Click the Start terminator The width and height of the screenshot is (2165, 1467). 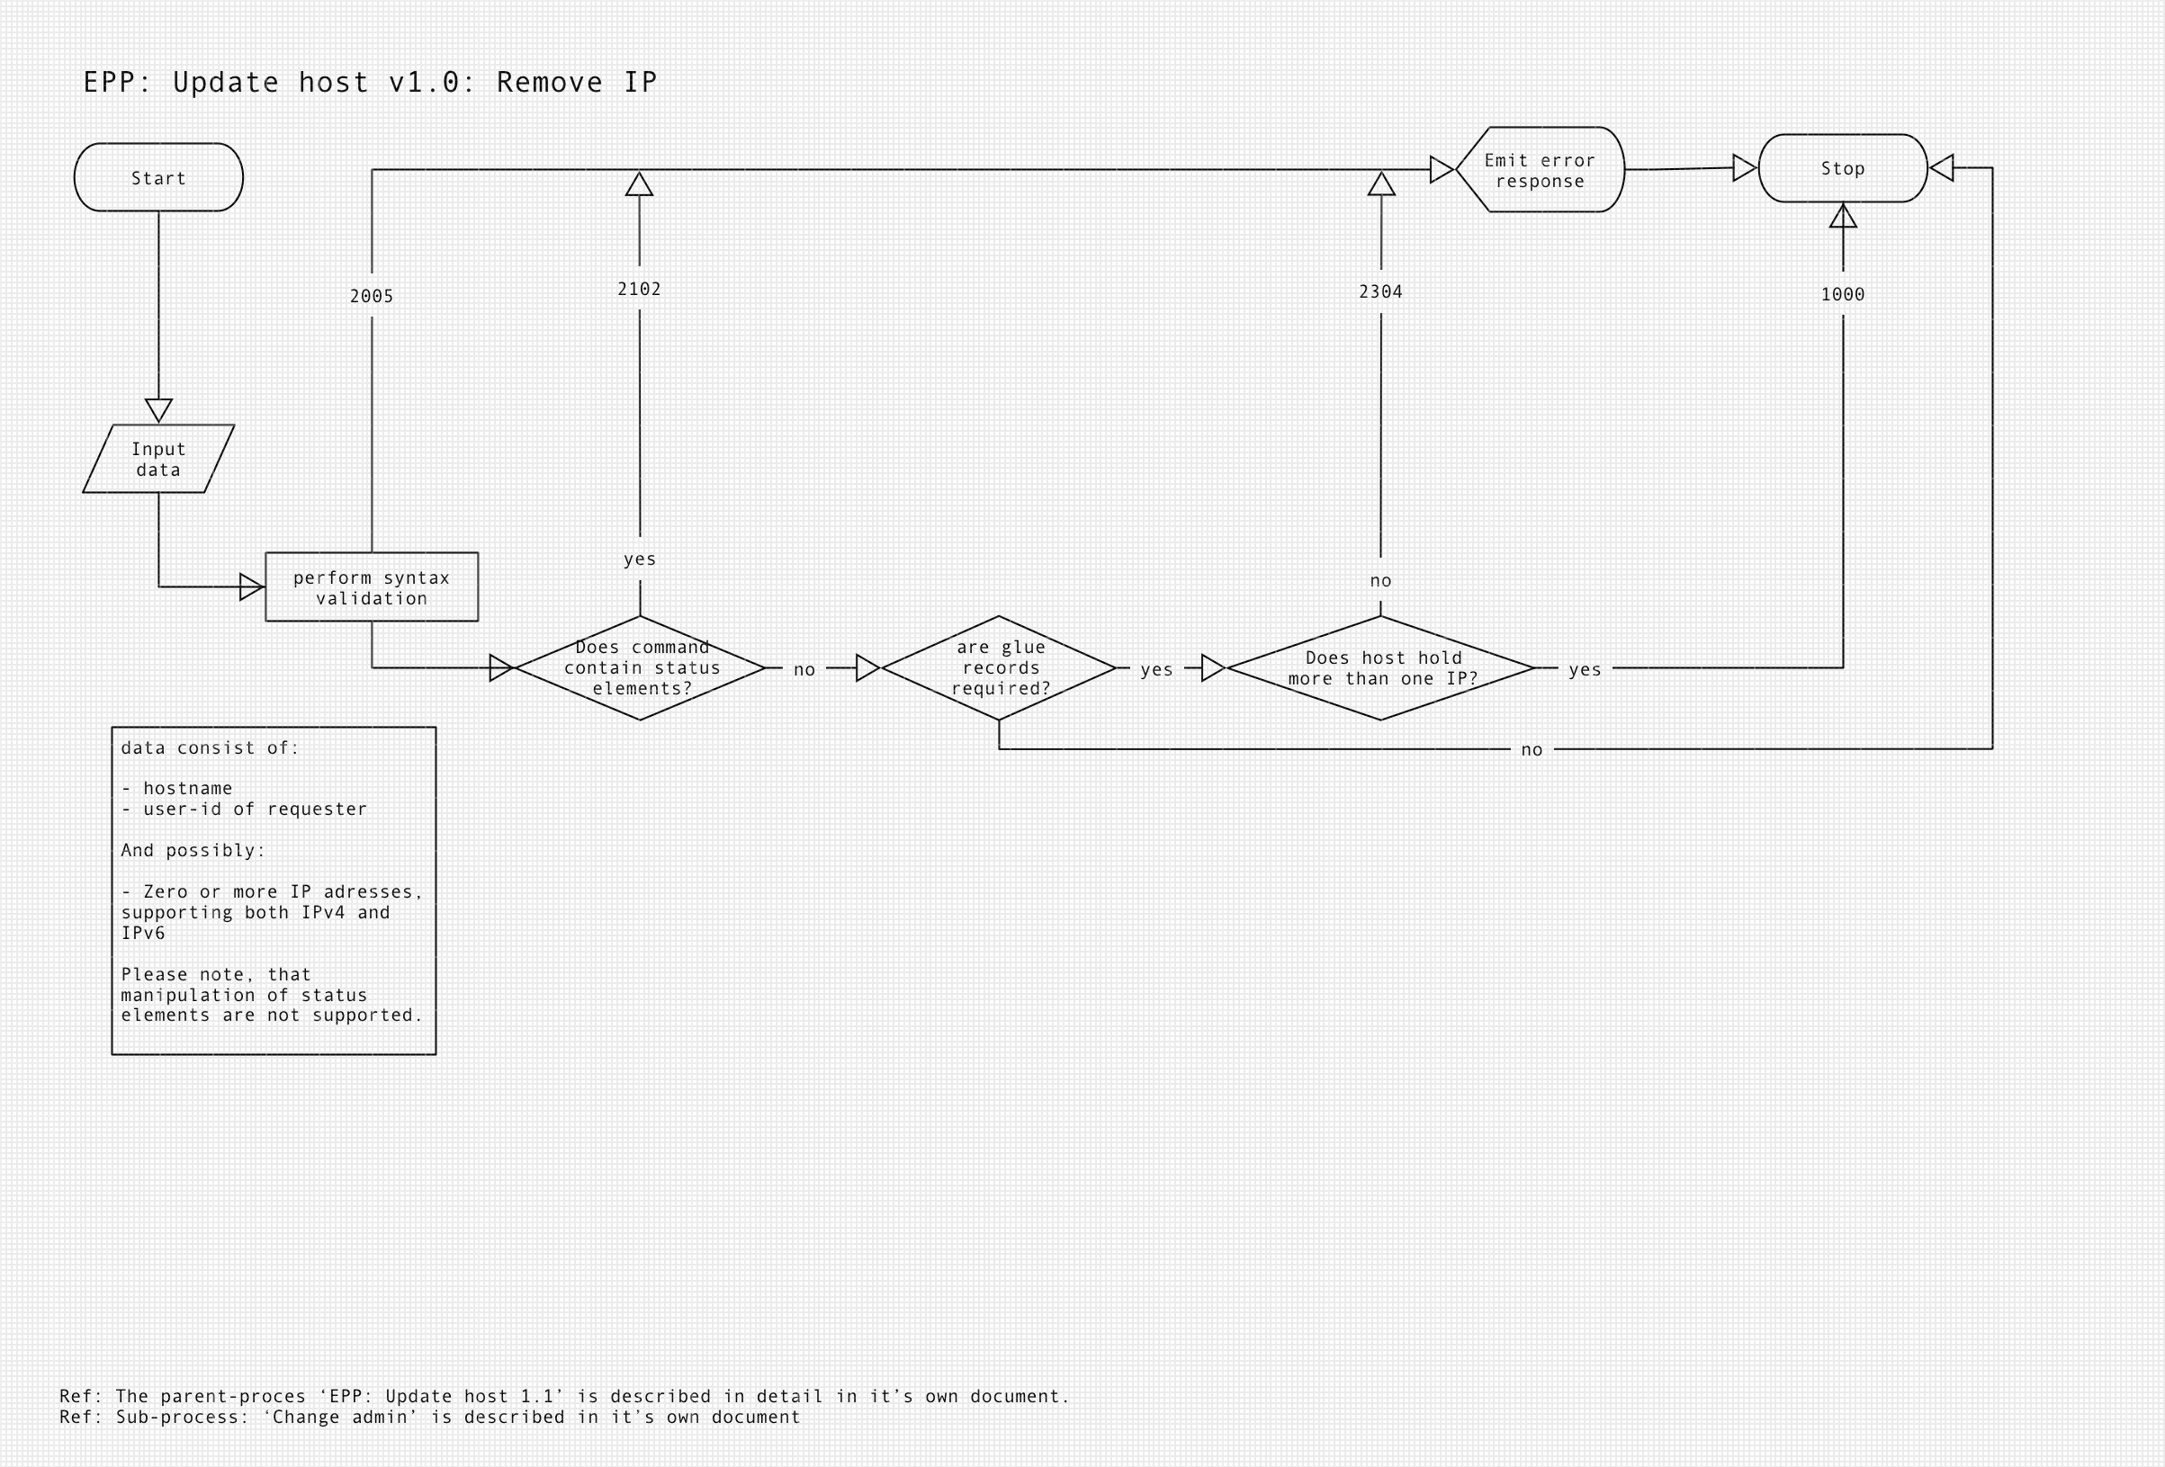158,177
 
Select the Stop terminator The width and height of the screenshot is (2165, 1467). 1842,168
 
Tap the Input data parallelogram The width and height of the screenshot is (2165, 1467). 158,460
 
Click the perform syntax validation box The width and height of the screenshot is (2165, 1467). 372,586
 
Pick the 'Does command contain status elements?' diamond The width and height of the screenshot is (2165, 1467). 640,667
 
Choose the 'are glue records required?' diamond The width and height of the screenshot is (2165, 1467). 999,667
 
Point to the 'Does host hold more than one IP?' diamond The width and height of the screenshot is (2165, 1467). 1380,667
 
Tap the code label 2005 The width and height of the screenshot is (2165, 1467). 372,296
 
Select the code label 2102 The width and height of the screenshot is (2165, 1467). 639,290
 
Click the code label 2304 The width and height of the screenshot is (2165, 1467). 1380,292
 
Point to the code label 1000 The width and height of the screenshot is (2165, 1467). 1843,295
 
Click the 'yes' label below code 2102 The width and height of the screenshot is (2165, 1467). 640,559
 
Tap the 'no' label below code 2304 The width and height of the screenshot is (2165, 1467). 1380,581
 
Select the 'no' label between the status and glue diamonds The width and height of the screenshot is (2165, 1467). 804,670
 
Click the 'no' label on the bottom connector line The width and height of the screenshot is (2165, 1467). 1532,750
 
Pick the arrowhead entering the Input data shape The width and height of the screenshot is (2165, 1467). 158,410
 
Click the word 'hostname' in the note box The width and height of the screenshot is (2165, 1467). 187,789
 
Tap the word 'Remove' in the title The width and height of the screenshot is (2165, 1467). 549,83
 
